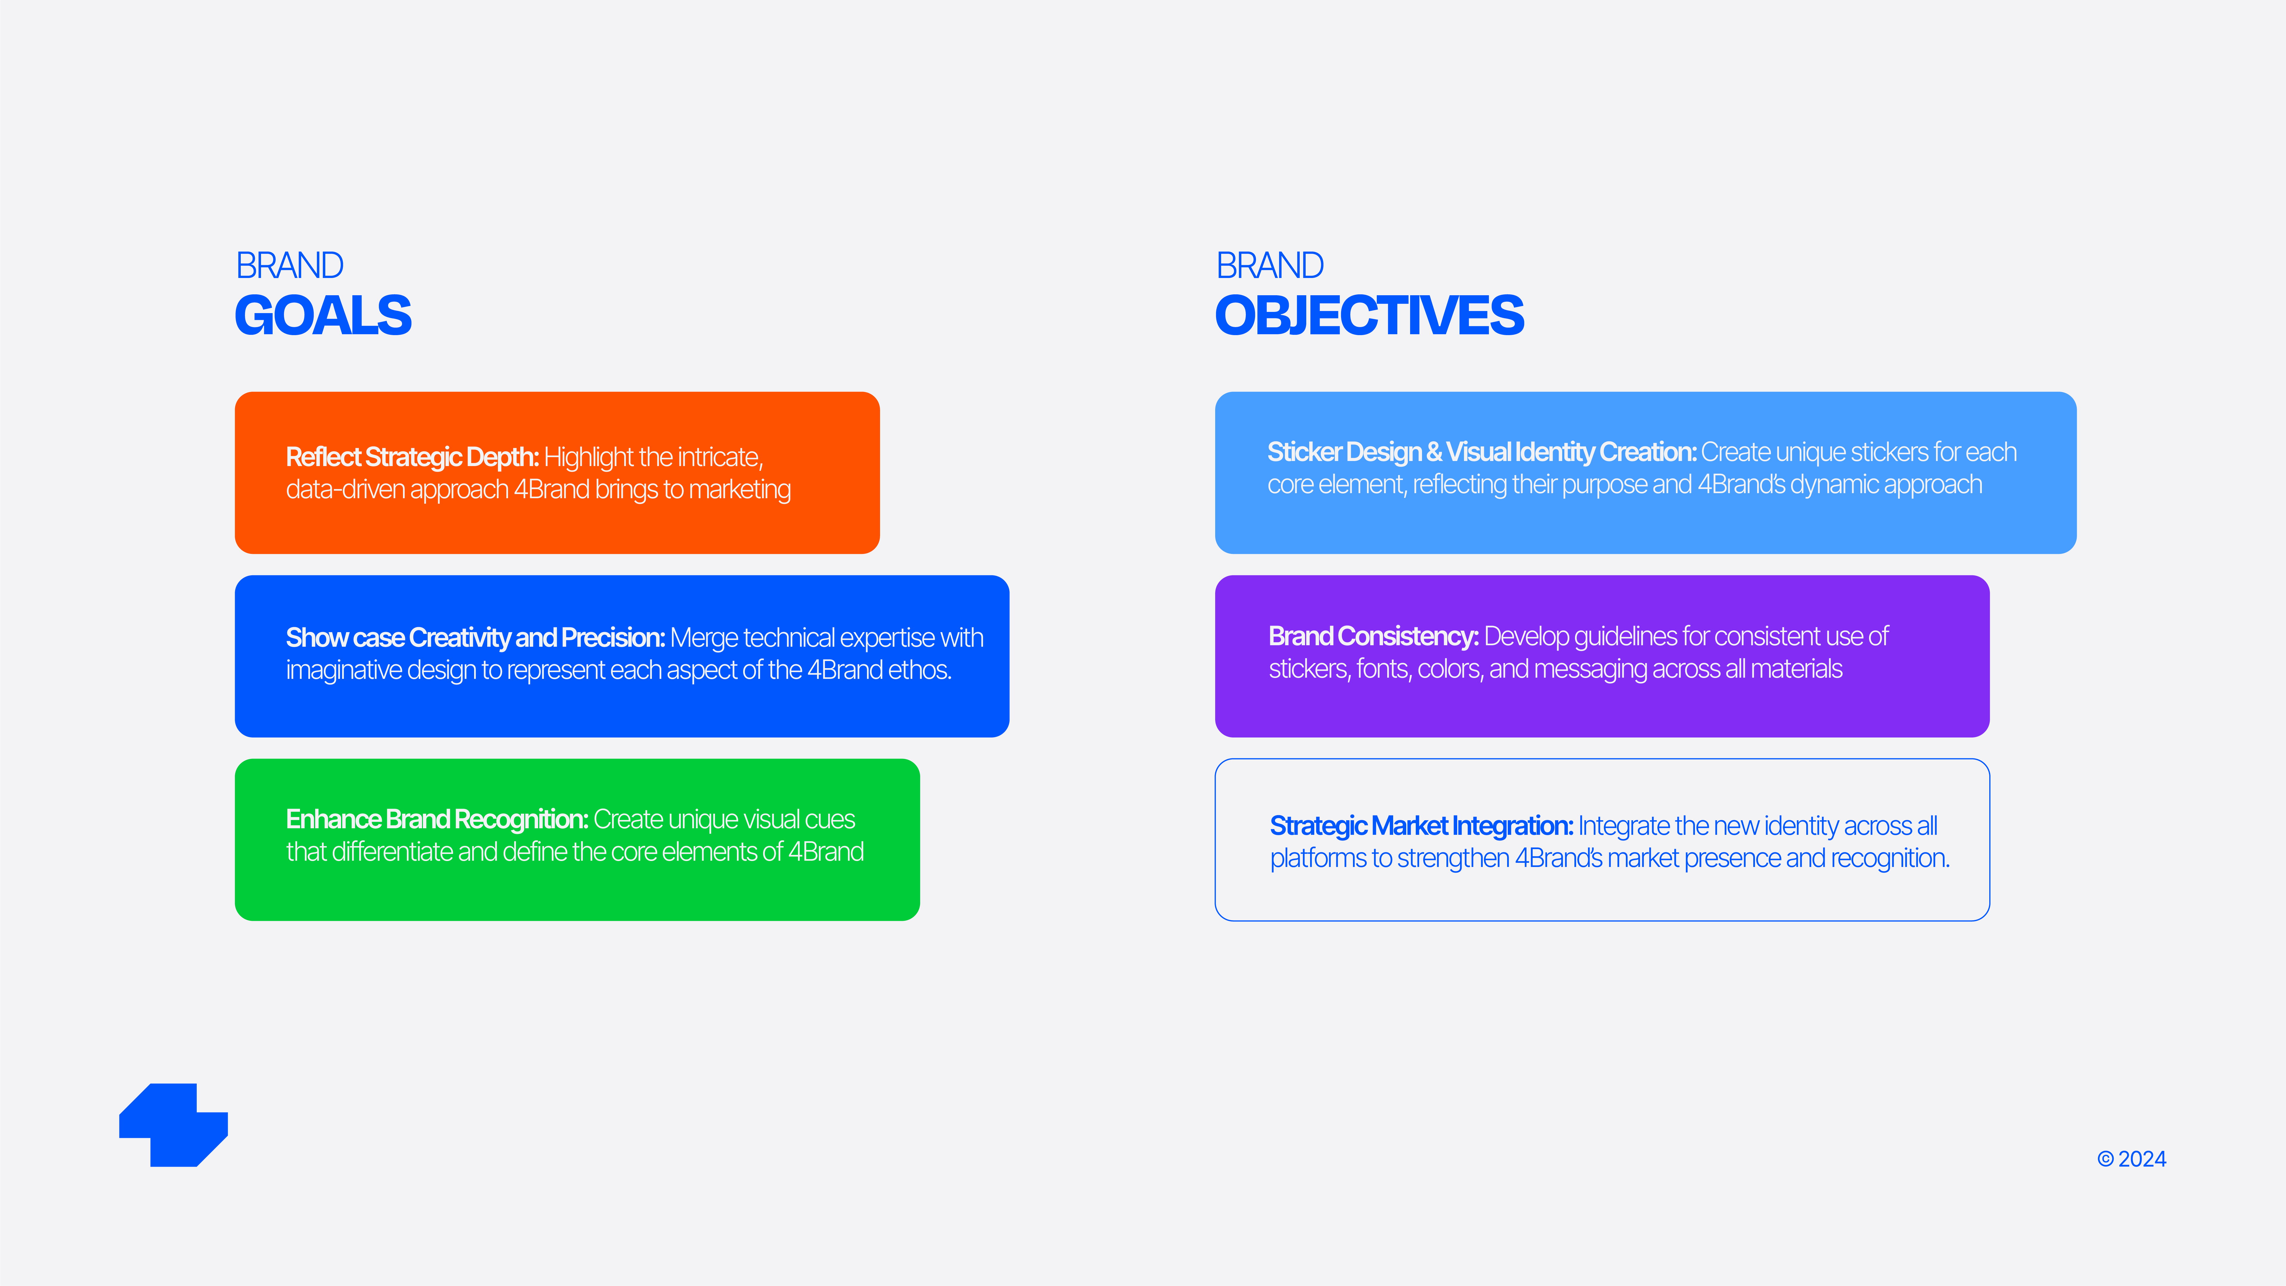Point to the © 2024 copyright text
click(2132, 1159)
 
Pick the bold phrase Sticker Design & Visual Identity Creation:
click(1482, 453)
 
